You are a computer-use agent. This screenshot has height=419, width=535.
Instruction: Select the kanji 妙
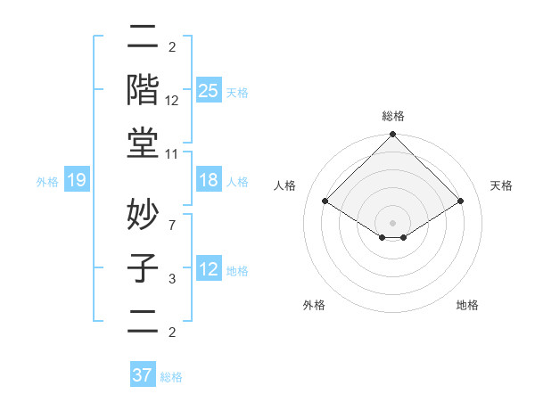tap(144, 213)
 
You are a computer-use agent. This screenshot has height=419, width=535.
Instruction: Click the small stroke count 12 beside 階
tap(173, 101)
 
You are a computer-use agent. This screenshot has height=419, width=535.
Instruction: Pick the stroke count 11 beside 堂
tap(173, 154)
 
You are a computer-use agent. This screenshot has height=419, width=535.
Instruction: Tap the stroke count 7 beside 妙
tap(172, 225)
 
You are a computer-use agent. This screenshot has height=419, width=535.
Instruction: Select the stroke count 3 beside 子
tap(172, 280)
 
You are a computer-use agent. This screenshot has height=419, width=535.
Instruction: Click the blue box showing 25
tap(209, 90)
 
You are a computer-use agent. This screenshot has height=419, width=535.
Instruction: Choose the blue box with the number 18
tap(209, 181)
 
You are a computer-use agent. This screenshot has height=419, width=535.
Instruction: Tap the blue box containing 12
tap(209, 269)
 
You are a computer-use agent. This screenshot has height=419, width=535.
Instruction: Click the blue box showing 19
tap(77, 181)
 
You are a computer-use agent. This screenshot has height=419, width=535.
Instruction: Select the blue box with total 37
tap(142, 375)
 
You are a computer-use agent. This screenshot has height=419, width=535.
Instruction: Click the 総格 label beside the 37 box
tap(172, 377)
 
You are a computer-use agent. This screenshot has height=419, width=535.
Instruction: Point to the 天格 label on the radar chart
tap(501, 185)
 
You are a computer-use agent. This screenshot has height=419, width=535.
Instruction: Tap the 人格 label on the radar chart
tap(285, 185)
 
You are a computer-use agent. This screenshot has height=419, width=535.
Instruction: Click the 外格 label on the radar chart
tap(314, 305)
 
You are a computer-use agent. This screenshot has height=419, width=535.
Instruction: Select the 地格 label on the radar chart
tap(467, 305)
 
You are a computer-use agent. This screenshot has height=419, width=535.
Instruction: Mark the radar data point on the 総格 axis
tap(392, 136)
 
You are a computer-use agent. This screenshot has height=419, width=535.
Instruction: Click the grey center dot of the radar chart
tap(392, 221)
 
